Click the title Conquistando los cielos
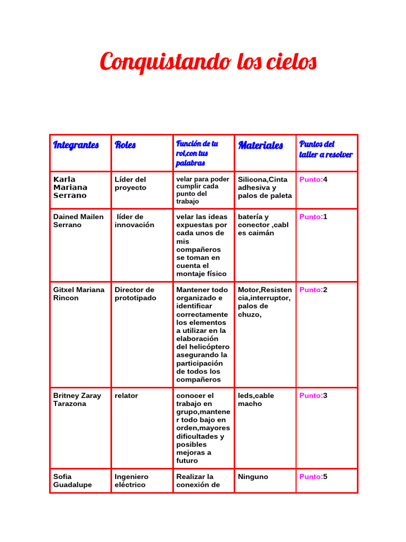pos(208,62)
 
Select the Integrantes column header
pos(76,145)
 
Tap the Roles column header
pos(125,145)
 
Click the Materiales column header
pos(261,145)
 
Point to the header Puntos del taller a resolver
pos(326,149)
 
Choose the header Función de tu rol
pos(197,153)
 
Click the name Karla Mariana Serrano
pos(70,187)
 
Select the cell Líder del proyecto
pos(131,184)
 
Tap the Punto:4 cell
pos(313,179)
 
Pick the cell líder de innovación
pos(135,221)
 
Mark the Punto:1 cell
pos(313,216)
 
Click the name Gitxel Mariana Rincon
pos(79,294)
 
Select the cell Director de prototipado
pos(135,294)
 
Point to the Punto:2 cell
pos(313,290)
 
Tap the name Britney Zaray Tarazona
pos(77,400)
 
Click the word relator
pos(126,395)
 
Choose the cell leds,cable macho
pos(256,400)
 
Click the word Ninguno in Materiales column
pos(253,477)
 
